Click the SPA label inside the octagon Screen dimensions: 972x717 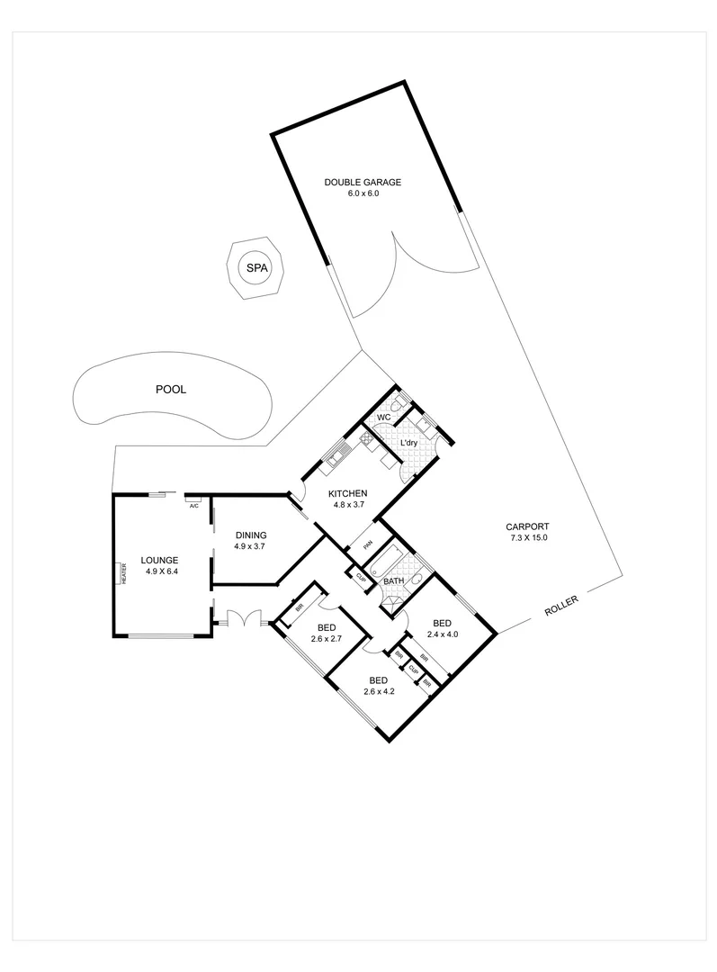[x=256, y=267]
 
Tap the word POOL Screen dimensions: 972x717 [x=170, y=390]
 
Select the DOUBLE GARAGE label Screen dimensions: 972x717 [x=363, y=183]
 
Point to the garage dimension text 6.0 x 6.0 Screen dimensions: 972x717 [x=363, y=193]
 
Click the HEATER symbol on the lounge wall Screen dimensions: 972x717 [x=122, y=572]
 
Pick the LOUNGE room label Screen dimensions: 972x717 [x=160, y=559]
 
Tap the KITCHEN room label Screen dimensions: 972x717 [x=346, y=494]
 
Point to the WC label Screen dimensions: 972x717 [x=382, y=418]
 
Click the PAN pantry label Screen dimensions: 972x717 [x=367, y=544]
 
